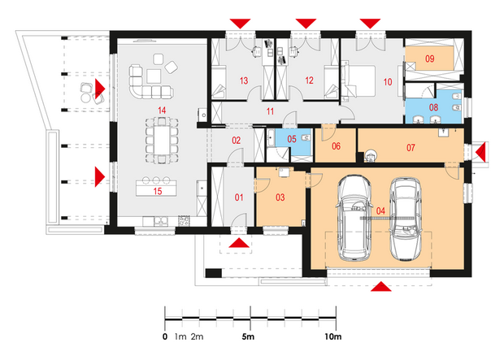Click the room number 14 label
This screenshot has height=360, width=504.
click(x=162, y=111)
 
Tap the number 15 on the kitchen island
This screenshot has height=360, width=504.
click(x=158, y=191)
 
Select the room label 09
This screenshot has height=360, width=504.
click(x=430, y=59)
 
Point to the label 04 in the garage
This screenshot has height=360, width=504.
click(x=380, y=210)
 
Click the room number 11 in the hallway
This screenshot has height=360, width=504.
click(x=270, y=111)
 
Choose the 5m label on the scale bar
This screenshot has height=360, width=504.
click(x=248, y=337)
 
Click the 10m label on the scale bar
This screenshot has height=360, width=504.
click(x=333, y=337)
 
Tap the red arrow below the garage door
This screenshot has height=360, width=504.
click(x=381, y=287)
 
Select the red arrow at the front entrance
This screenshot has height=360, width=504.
click(x=240, y=243)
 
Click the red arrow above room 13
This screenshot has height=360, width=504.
click(x=240, y=24)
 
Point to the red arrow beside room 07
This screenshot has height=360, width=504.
click(x=480, y=151)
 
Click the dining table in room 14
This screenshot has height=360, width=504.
click(x=162, y=140)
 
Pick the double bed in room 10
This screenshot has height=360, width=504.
click(x=359, y=80)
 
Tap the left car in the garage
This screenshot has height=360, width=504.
click(x=354, y=218)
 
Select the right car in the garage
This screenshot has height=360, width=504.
click(x=406, y=219)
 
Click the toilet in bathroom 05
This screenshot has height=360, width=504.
click(x=306, y=138)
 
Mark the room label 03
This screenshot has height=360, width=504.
click(x=280, y=197)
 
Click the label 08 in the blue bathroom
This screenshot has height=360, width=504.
click(x=433, y=107)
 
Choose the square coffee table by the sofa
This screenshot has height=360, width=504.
click(x=154, y=76)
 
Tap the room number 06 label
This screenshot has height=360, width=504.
click(x=336, y=146)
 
